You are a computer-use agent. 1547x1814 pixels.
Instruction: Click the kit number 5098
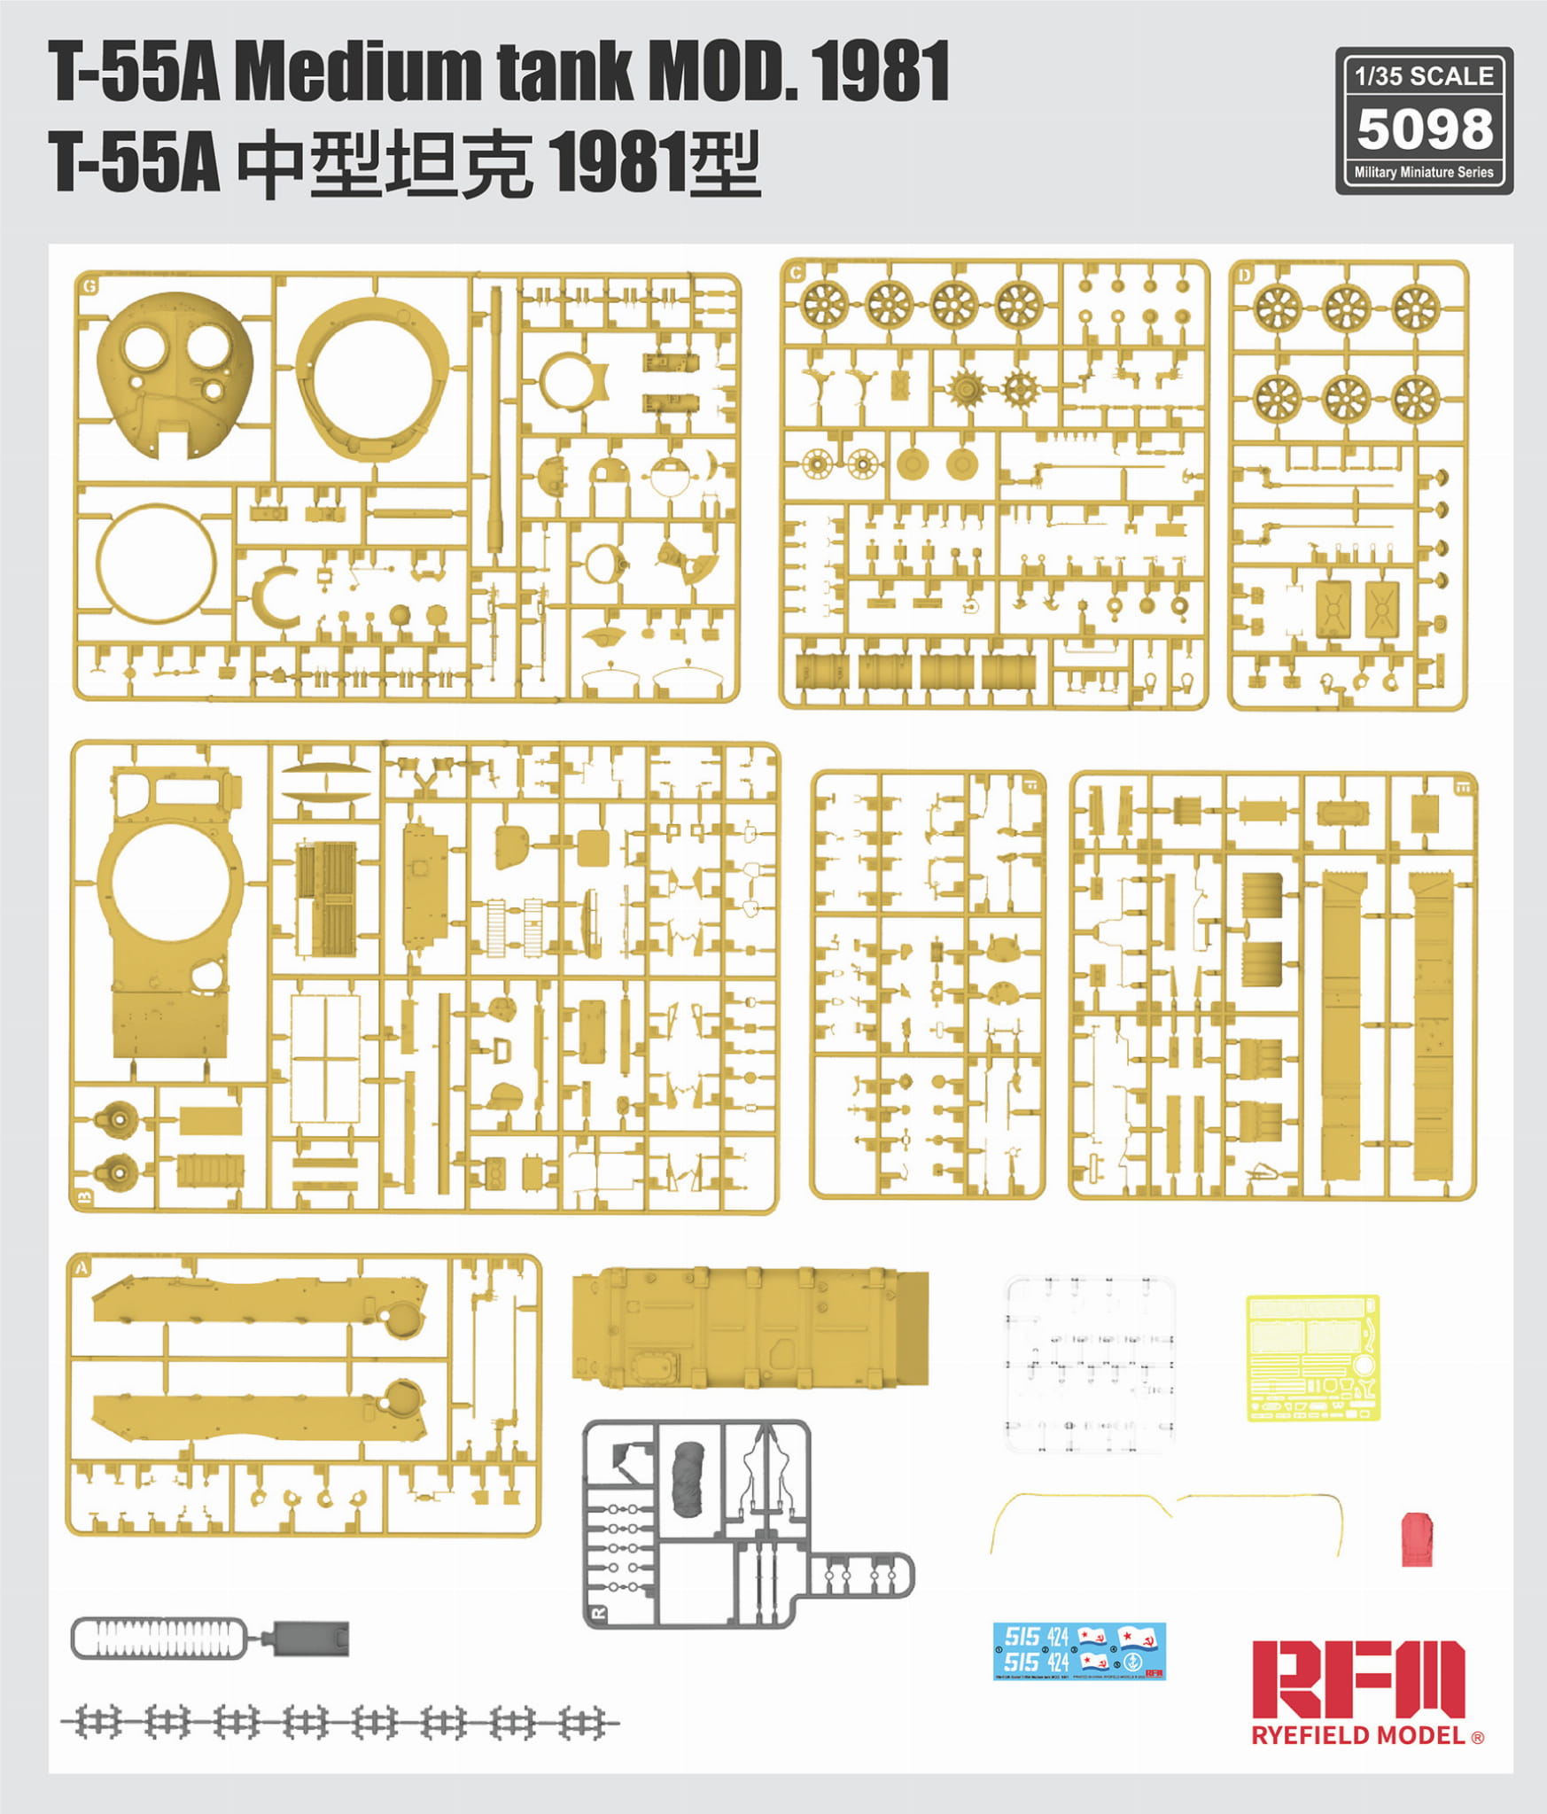point(1424,128)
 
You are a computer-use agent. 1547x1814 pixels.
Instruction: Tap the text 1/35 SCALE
point(1424,76)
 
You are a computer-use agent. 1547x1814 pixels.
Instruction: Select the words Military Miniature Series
point(1424,172)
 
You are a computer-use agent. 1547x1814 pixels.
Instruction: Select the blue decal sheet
point(1079,1651)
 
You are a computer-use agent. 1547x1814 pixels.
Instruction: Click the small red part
point(1416,1539)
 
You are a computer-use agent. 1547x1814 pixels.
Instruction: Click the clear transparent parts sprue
point(1089,1364)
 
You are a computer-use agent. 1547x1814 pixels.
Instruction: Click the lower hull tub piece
point(750,1327)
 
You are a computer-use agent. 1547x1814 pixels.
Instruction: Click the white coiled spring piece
point(159,1639)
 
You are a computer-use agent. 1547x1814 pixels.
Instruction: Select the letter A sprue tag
point(82,1268)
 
